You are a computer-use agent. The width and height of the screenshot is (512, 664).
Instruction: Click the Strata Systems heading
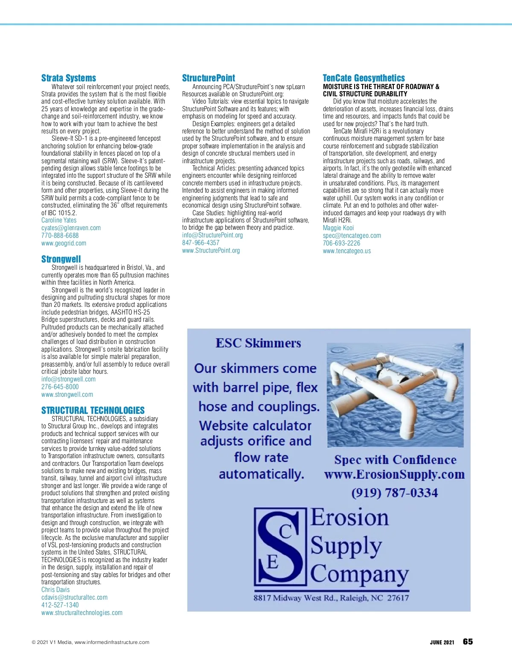coord(69,78)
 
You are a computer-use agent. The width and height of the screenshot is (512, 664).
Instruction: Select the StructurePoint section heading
coord(208,78)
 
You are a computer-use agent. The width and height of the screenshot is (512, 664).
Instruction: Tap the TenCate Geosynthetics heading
coord(364,78)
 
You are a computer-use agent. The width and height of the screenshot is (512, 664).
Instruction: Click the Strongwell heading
coord(61,259)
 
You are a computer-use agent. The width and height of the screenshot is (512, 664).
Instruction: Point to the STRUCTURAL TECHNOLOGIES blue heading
coord(93,410)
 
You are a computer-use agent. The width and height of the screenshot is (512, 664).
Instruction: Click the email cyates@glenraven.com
coord(71,228)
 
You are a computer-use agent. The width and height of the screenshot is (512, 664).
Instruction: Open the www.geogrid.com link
coord(64,243)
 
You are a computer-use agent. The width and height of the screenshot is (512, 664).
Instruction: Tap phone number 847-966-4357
coord(201,243)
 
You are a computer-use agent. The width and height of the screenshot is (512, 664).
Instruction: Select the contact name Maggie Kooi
coord(338,228)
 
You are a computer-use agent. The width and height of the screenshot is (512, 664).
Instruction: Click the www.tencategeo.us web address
coord(347,251)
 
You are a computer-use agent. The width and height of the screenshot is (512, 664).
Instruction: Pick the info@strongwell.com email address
coord(68,379)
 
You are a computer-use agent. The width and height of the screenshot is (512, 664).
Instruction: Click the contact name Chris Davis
coord(55,590)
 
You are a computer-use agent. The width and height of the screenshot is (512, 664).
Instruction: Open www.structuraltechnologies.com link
coord(82,613)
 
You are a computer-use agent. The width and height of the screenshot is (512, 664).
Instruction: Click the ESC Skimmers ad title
coord(258,343)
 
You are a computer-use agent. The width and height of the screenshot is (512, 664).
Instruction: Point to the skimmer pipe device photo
coord(395,394)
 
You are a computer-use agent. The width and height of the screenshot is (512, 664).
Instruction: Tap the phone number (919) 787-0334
coord(395,493)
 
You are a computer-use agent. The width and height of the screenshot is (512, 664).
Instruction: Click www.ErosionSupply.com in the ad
coord(394,475)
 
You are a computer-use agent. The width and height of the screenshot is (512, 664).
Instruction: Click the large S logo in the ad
coord(279,546)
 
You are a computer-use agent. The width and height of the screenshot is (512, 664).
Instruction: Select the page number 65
coord(468,642)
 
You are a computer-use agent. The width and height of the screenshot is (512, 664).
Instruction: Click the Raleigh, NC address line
coord(331,598)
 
